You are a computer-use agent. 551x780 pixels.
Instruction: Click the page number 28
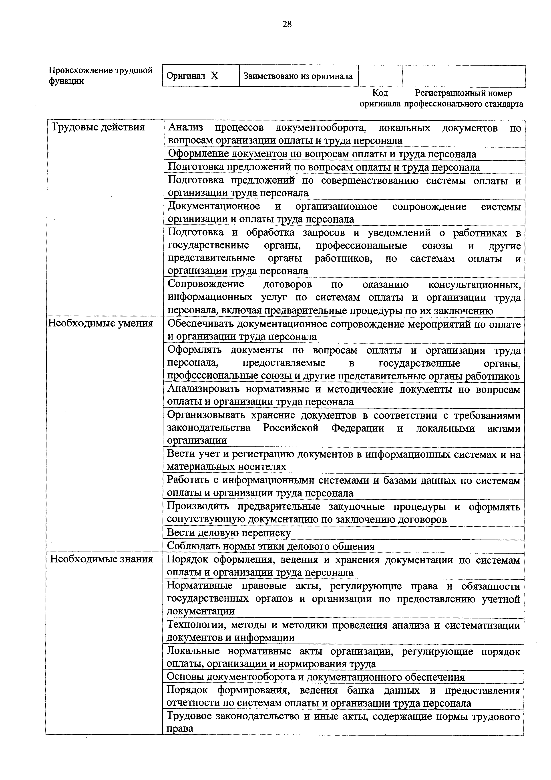(x=287, y=24)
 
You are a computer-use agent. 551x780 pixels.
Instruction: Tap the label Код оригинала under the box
(x=380, y=98)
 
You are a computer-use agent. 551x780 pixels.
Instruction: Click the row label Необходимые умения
(x=101, y=323)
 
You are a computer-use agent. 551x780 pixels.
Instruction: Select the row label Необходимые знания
(x=101, y=559)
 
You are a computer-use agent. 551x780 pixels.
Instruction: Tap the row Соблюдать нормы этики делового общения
(x=271, y=546)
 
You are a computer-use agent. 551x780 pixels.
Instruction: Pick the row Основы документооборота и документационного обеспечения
(x=316, y=677)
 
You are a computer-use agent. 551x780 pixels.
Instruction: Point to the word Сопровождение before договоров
(x=206, y=284)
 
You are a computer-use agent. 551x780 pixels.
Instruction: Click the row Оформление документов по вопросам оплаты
(x=322, y=154)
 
